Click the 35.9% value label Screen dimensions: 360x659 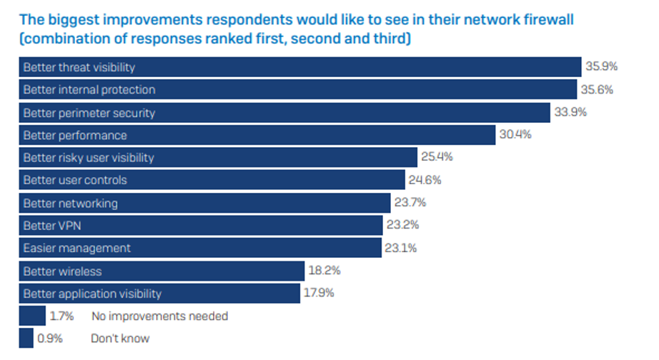[x=601, y=67]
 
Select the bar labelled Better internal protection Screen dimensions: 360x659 [x=297, y=90]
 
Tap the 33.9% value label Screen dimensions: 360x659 [x=569, y=113]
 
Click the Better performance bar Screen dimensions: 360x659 [x=257, y=136]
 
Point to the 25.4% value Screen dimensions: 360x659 [x=437, y=158]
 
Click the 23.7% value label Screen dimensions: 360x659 [x=410, y=203]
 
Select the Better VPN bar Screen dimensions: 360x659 [x=200, y=226]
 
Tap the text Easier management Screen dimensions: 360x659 [x=77, y=249]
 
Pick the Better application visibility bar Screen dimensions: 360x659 [x=159, y=294]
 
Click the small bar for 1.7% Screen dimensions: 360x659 [x=32, y=316]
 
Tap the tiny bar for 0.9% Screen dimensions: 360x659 [x=26, y=339]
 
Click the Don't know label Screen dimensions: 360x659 [x=120, y=339]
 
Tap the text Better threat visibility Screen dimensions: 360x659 [x=79, y=68]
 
